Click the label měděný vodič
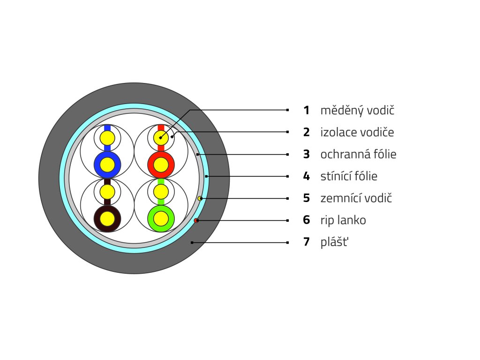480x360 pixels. coord(357,111)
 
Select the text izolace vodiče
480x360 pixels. coord(357,132)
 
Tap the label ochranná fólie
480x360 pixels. coord(358,154)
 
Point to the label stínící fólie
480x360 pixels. coord(349,176)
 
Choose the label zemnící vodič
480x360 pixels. coord(356,198)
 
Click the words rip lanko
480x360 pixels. coord(343,220)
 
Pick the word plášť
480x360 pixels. coord(334,242)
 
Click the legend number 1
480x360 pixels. coord(307,111)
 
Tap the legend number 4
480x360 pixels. coord(307,176)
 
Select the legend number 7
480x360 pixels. coord(307,242)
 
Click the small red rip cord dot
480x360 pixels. coord(196,220)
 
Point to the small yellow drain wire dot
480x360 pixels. coord(200,199)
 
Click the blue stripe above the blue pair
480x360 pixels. coord(107,127)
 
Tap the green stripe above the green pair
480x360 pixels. coord(161,181)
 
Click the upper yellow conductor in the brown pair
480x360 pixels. coord(107,192)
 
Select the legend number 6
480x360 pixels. coord(307,220)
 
